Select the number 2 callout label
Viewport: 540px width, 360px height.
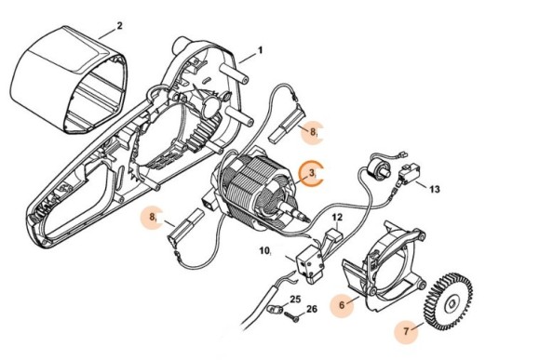[118, 26]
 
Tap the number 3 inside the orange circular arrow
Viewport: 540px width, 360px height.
[314, 173]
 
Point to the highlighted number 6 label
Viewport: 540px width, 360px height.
[343, 304]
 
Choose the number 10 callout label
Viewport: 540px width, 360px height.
[264, 250]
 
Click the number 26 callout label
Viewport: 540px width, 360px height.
[312, 309]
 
